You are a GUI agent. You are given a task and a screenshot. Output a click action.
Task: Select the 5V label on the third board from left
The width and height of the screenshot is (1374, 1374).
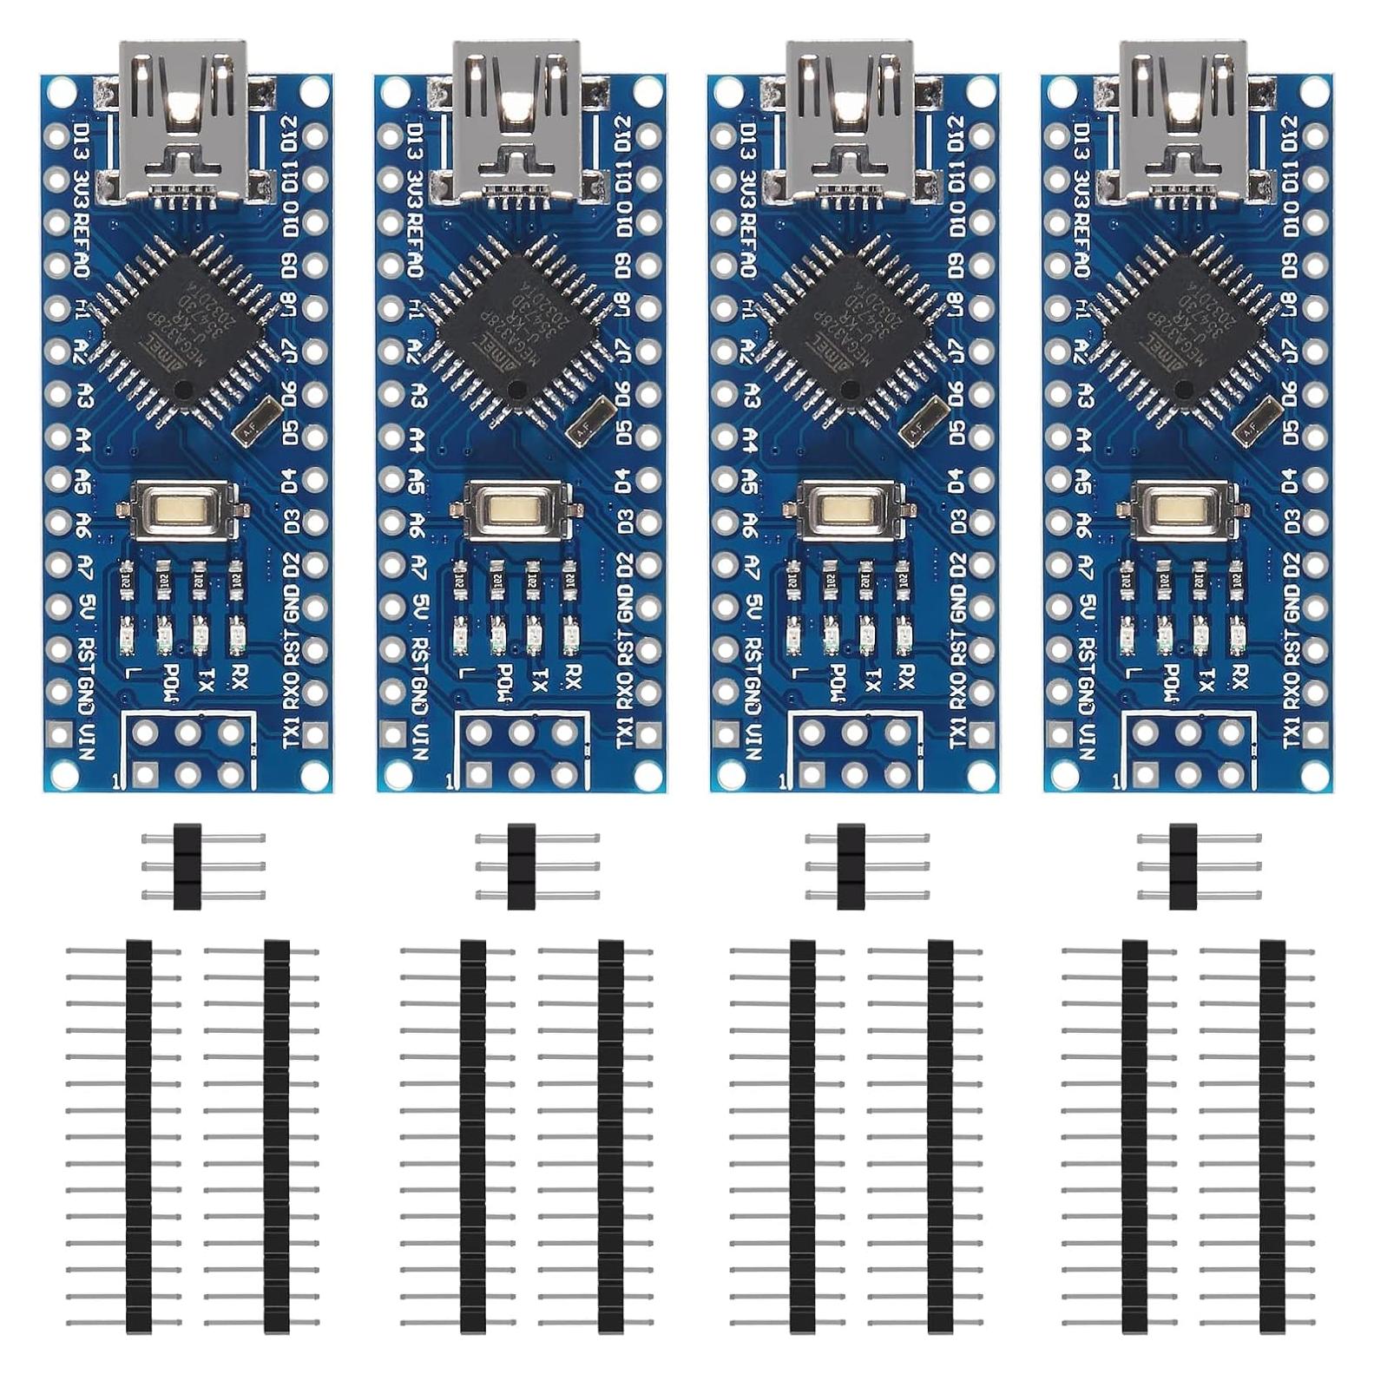coord(752,604)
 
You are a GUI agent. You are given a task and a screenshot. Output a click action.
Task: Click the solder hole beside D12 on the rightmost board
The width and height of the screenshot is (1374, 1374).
coord(1315,135)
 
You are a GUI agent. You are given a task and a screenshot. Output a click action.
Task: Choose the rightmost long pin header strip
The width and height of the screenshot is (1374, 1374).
coord(1272,1137)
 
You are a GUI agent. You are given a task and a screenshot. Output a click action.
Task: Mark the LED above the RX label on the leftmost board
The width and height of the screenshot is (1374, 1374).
coord(235,638)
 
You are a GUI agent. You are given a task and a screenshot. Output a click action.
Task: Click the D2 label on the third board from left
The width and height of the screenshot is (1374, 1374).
coord(957,565)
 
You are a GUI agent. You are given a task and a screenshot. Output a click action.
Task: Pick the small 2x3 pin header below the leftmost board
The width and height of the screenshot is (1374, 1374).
coord(187,866)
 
